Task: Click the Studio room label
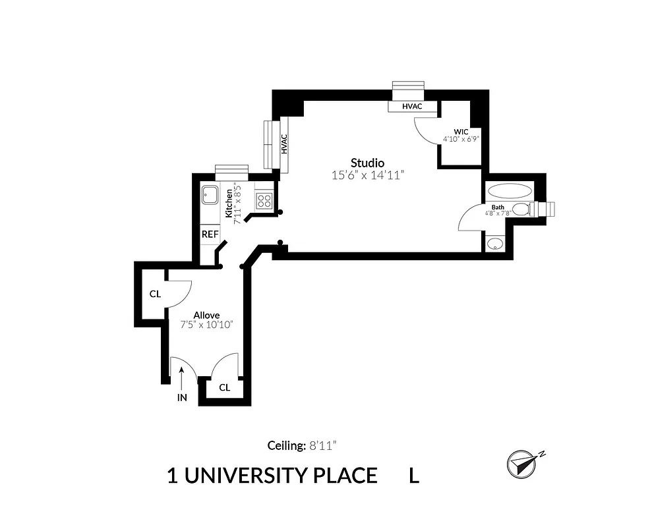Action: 367,163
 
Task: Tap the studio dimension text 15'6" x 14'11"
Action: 367,175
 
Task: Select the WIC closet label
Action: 460,131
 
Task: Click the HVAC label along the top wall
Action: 412,107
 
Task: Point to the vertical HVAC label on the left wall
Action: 284,144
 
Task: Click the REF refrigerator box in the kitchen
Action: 210,234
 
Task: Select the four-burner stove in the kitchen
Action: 265,200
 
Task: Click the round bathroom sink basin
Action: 494,245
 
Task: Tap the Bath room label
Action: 498,207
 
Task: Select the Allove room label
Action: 206,315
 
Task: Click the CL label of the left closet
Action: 155,294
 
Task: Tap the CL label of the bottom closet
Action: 224,387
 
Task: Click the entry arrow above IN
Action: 182,377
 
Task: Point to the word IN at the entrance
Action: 182,398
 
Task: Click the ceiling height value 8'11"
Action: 323,446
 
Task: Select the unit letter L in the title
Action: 414,476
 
